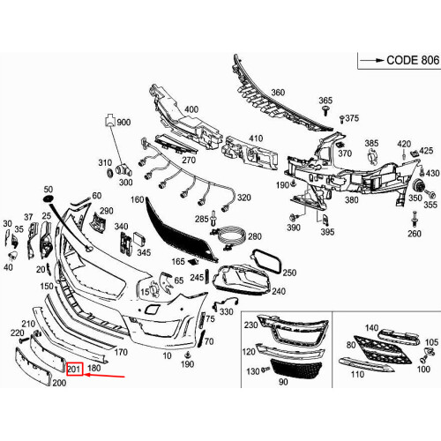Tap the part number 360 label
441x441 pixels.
click(x=278, y=92)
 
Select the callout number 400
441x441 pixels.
click(x=191, y=109)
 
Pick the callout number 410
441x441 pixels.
click(x=255, y=138)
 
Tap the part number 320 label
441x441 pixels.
click(x=243, y=198)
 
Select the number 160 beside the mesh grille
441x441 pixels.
click(x=136, y=199)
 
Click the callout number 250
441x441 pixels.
click(x=288, y=273)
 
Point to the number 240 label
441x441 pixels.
click(x=279, y=290)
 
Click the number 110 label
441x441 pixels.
click(x=357, y=374)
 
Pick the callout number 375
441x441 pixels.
click(x=352, y=118)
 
